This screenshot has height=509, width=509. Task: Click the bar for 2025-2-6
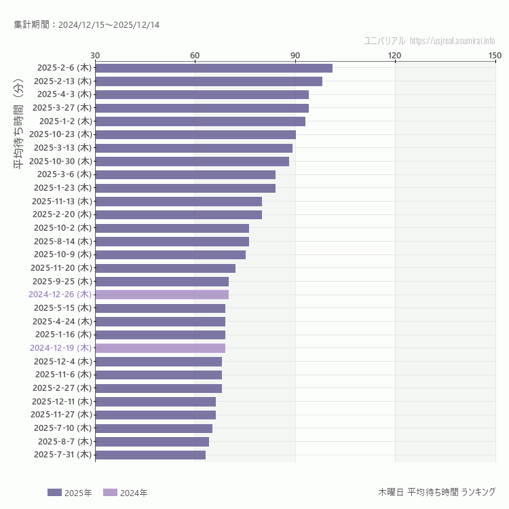coord(214,68)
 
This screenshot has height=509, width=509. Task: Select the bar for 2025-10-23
coord(195,134)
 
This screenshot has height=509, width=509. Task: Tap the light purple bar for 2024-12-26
coord(162,295)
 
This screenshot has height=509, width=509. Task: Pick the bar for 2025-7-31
coord(150,455)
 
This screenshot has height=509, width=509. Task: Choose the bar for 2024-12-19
coord(160,348)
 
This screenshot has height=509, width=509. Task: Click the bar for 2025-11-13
coord(178,201)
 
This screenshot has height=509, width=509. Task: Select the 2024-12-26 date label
coord(60,295)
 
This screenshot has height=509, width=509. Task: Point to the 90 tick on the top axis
coord(295,55)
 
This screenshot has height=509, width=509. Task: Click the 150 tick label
coord(495,55)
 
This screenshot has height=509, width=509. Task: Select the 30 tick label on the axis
coord(95,55)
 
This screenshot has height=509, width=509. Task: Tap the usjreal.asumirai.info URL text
coord(453,41)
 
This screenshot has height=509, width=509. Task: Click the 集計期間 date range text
coord(87,25)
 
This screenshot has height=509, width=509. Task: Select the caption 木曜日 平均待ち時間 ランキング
coord(436,492)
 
